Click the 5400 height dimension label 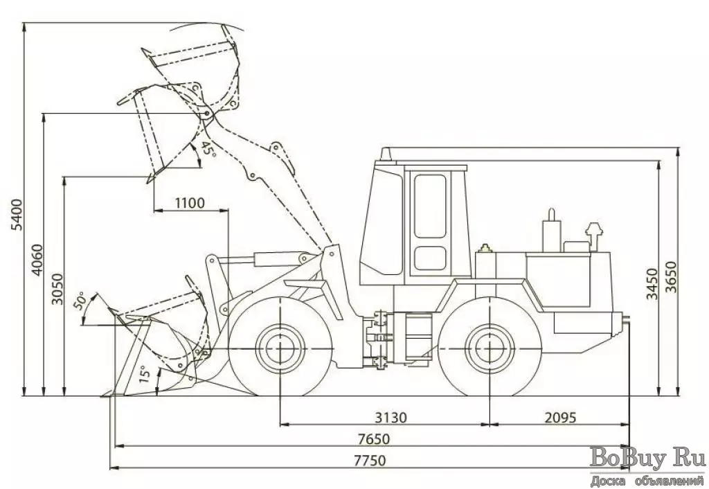tap(18, 215)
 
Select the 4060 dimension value tap(37, 260)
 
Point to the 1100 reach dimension tap(189, 203)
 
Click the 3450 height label tap(652, 283)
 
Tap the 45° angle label tap(207, 150)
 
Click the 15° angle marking tap(144, 375)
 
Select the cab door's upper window tap(430, 206)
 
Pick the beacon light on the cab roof tap(385, 153)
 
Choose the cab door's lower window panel tap(430, 259)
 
